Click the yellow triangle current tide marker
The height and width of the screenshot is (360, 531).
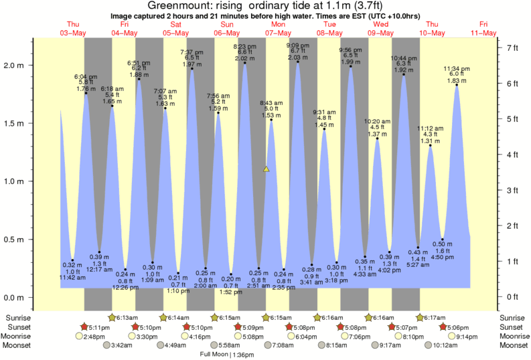click(x=267, y=169)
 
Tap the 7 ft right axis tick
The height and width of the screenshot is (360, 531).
click(x=512, y=48)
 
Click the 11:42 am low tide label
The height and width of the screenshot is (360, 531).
click(x=73, y=277)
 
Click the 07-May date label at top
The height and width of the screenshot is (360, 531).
click(x=278, y=33)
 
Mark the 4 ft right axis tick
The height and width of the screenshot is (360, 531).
click(x=512, y=155)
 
